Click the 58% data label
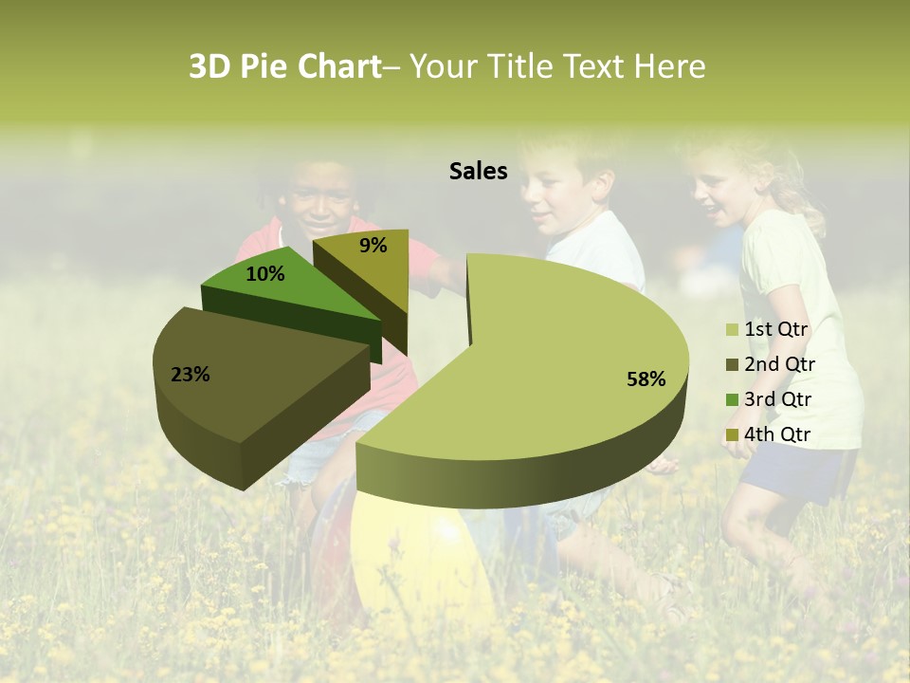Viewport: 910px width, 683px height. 646,379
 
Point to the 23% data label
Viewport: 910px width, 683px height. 190,375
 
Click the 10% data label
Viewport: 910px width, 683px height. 264,274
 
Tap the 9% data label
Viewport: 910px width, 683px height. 373,246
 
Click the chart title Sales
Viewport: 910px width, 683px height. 478,171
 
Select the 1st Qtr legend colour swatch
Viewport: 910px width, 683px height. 732,330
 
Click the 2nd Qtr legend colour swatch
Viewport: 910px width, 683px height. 732,365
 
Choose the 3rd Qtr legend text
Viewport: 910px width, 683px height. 777,399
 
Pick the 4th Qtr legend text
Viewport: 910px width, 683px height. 777,434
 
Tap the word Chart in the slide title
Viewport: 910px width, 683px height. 339,66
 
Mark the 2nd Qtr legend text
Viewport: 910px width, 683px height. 779,364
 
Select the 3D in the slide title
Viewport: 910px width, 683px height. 210,66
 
